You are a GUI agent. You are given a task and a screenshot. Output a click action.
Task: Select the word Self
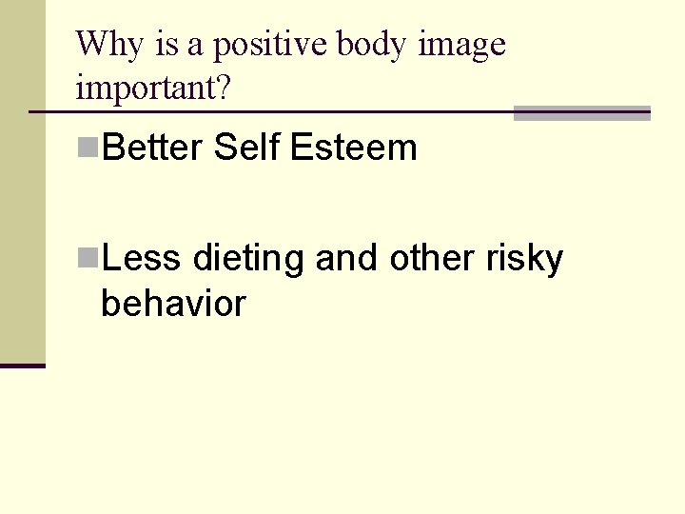(x=247, y=148)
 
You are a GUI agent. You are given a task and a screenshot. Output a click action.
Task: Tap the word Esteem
(x=354, y=148)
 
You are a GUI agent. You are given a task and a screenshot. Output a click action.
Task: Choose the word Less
(x=142, y=258)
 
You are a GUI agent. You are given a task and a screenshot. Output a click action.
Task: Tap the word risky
(x=525, y=258)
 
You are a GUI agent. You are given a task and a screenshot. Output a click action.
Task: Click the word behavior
(x=173, y=305)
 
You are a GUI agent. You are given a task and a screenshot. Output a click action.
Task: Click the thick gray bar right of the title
(x=581, y=113)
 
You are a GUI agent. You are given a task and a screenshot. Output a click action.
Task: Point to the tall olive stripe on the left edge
(x=22, y=181)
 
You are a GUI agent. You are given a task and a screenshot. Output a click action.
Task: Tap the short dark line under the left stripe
(x=22, y=366)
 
